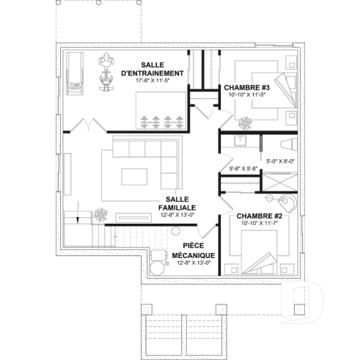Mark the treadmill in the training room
pos(75,74)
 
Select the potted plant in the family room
pos(100,215)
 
